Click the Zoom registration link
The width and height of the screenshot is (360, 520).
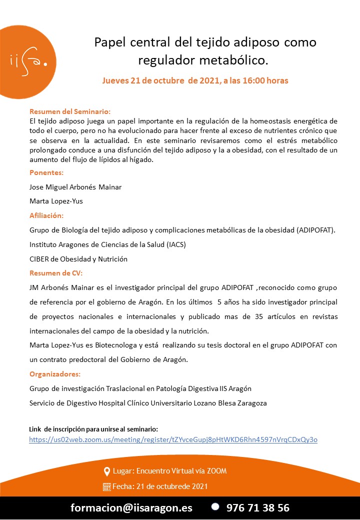173,439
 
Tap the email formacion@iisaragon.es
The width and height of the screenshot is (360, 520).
131,507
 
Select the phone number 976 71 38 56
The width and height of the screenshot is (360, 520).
257,507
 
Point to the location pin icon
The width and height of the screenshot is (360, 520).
106,471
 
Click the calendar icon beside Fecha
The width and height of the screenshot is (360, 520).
106,486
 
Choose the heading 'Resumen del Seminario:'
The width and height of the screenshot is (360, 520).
70,111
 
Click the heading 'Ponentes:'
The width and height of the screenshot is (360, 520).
46,172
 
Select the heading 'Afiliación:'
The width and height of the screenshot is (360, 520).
46,216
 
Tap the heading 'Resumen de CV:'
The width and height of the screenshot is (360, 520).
56,273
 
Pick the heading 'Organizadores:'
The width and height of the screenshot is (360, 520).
55,374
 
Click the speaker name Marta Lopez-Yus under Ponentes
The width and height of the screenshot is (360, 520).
56,201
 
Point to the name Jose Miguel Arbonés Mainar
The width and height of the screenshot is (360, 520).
75,187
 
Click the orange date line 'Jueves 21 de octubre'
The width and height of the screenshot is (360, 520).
195,80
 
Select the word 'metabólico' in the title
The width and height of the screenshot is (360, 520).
234,60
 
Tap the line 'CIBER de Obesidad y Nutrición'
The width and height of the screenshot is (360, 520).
78,259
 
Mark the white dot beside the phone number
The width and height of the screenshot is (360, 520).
215,506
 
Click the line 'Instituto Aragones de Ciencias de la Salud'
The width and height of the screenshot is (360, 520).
107,244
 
